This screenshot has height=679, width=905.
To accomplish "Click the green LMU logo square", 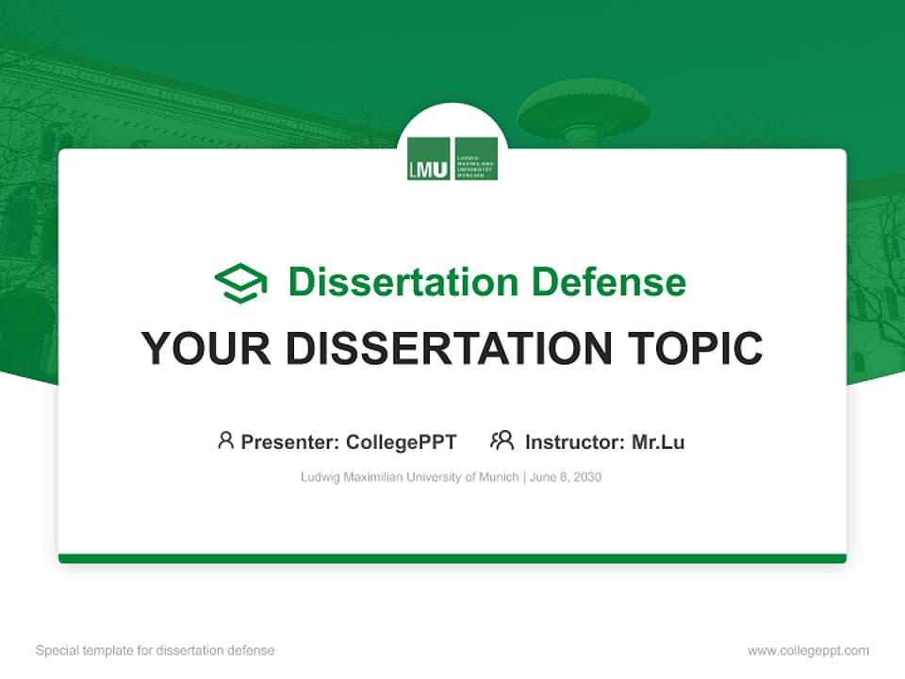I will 428,158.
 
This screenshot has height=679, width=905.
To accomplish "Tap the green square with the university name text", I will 476,158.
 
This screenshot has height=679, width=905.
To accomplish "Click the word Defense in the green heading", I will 608,282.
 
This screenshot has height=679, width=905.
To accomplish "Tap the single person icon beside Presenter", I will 225,440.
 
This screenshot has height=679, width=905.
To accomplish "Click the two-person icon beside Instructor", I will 502,440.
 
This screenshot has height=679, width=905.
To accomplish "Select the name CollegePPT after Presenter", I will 401,441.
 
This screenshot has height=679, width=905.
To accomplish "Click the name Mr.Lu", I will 658,441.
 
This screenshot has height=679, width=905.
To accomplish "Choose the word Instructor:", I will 574,441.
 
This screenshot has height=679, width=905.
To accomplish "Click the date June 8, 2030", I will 566,477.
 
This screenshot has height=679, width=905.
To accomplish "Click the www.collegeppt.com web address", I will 808,651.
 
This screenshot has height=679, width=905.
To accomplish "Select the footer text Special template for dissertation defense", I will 156,651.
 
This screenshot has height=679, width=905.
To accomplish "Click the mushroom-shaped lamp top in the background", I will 584,107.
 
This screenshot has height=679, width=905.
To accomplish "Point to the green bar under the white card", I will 452,558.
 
